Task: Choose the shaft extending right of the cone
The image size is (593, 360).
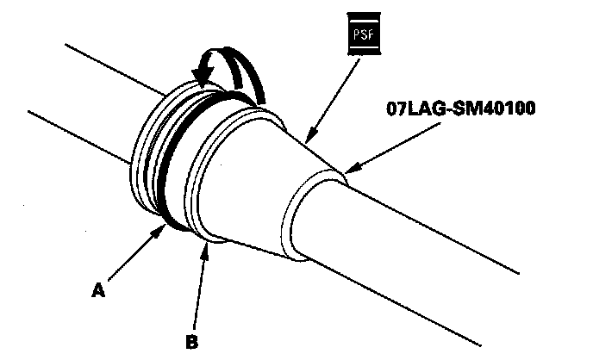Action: coord(431,233)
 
